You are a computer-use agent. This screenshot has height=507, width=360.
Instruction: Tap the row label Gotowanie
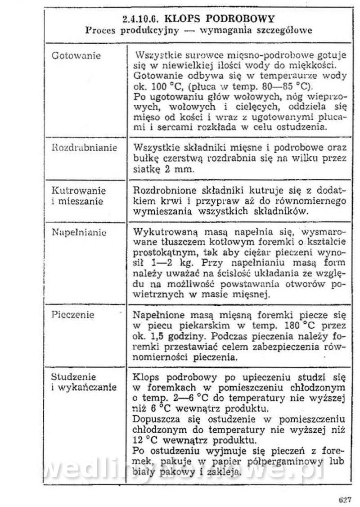tap(76, 56)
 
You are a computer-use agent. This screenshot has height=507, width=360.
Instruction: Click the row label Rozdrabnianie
tap(85, 148)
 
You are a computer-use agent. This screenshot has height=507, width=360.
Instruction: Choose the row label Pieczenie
tap(73, 314)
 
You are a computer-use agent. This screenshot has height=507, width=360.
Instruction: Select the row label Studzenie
tap(74, 376)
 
